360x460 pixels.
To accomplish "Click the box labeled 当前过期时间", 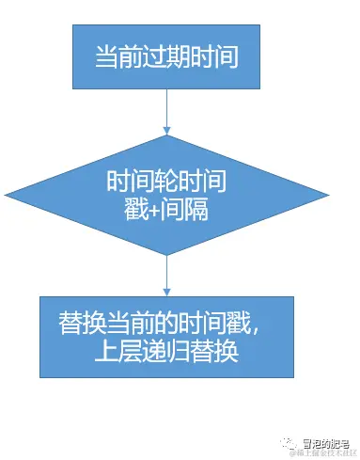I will pos(165,56).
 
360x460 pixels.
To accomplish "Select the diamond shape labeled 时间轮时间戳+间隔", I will pos(165,192).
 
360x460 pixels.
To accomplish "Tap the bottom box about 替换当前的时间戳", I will pos(165,338).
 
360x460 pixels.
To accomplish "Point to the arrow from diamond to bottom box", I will pos(165,276).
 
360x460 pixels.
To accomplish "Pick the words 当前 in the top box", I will pos(114,56).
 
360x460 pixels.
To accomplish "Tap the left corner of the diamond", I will pos(39,194).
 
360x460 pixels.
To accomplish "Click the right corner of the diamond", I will pos(293,194).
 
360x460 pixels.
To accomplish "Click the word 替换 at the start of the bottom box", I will pos(76,323).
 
